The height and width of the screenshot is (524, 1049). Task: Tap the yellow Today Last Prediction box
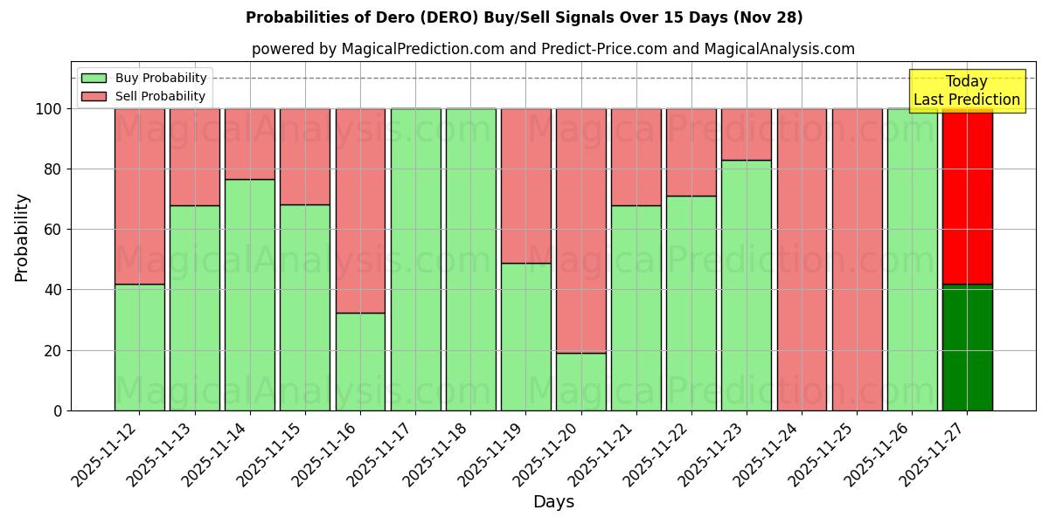coord(966,91)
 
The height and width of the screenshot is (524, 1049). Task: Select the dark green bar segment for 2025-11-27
coord(967,348)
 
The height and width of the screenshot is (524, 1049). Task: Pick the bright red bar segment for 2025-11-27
coord(967,196)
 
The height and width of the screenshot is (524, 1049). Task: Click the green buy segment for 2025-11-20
coord(581,382)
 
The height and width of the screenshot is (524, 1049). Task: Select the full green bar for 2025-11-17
coord(415,259)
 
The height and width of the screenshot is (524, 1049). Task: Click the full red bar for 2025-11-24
coord(802,259)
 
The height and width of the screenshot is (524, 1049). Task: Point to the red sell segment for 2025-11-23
coord(747,134)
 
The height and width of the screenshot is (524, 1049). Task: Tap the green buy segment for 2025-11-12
coord(139,348)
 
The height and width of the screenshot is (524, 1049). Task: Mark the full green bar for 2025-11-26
coord(912,259)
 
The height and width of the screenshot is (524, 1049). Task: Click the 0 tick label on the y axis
coord(58,411)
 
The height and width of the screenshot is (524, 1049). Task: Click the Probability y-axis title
coord(22,238)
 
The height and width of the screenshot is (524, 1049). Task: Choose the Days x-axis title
coord(553,502)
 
